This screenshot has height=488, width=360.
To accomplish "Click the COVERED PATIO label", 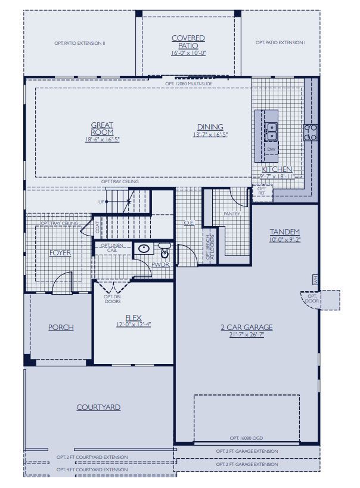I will pyautogui.click(x=188, y=42).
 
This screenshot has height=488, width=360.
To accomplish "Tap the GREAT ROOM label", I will pyautogui.click(x=102, y=128).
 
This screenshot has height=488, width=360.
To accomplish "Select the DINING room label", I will pyautogui.click(x=210, y=126).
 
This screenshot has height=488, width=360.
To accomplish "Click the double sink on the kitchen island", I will pyautogui.click(x=271, y=127).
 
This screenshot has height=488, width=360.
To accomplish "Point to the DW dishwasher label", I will pyautogui.click(x=271, y=149).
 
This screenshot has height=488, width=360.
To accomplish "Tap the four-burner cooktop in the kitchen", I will pyautogui.click(x=310, y=132).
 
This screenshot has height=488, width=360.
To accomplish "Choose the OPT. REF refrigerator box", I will pyautogui.click(x=262, y=190).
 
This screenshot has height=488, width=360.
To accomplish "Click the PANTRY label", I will pyautogui.click(x=232, y=214).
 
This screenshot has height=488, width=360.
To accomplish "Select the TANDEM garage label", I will pyautogui.click(x=284, y=231).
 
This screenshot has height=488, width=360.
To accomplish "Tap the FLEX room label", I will pyautogui.click(x=133, y=317).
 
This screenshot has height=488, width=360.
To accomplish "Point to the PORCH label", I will pyautogui.click(x=61, y=328).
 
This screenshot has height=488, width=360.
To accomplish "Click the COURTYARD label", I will pyautogui.click(x=98, y=407).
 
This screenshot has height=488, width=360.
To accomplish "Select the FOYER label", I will pyautogui.click(x=60, y=253).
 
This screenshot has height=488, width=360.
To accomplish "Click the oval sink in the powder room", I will pyautogui.click(x=144, y=249).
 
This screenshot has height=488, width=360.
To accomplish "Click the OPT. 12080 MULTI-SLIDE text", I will pyautogui.click(x=189, y=84).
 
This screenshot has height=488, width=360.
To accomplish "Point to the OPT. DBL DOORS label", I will pyautogui.click(x=112, y=299).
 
